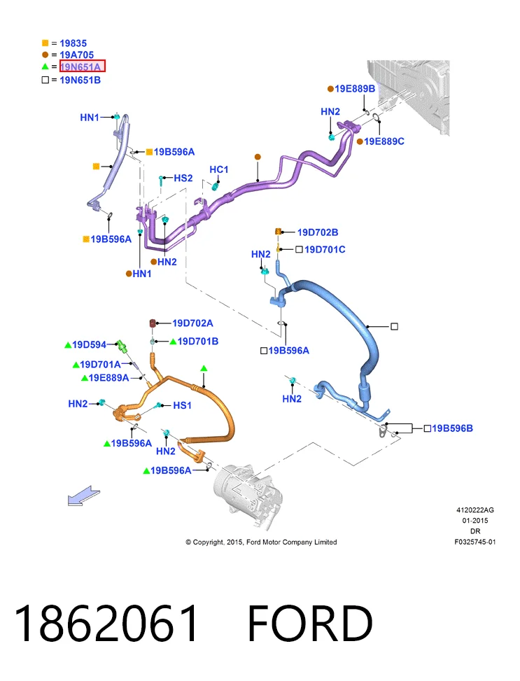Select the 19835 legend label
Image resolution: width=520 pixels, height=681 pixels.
tap(73, 43)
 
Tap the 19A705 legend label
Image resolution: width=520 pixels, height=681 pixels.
tap(76, 55)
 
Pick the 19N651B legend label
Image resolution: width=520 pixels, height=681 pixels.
tap(80, 80)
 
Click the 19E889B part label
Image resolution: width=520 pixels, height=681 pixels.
tap(355, 89)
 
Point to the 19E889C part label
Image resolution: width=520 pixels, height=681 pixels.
tap(384, 141)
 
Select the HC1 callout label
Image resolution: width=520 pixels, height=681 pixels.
tap(218, 169)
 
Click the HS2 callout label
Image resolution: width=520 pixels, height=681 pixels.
tap(183, 178)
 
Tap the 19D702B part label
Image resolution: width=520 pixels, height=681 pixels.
tap(318, 232)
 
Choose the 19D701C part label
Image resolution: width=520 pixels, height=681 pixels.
tap(325, 249)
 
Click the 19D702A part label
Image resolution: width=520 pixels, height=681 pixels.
tap(192, 323)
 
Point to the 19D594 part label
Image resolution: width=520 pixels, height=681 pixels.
tap(89, 345)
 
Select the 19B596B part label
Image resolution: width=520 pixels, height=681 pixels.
tap(452, 428)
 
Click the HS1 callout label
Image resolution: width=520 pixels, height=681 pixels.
tap(182, 405)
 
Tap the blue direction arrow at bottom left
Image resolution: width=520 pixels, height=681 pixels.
tap(84, 496)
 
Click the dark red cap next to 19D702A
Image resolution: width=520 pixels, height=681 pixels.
tap(153, 323)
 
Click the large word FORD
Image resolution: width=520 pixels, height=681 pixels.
tap(310, 624)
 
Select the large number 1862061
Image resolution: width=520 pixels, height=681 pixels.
tap(106, 624)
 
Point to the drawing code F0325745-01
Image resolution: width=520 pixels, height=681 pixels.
tap(475, 542)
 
